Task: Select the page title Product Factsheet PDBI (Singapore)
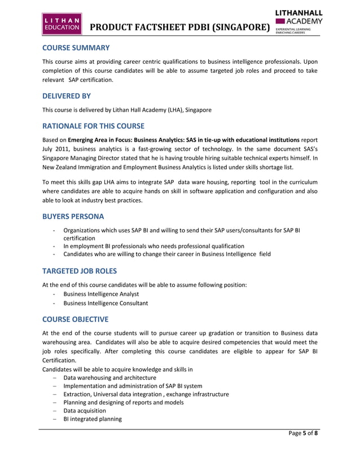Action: pyautogui.click(x=179, y=27)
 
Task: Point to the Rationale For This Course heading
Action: pyautogui.click(x=94, y=125)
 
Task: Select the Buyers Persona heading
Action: pyautogui.click(x=72, y=217)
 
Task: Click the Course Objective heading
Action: pyautogui.click(x=76, y=319)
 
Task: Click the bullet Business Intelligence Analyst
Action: pyautogui.click(x=101, y=294)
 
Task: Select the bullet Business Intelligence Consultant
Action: pyautogui.click(x=106, y=303)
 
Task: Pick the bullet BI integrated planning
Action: pyautogui.click(x=93, y=419)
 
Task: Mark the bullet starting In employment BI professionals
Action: pyautogui.click(x=153, y=246)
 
